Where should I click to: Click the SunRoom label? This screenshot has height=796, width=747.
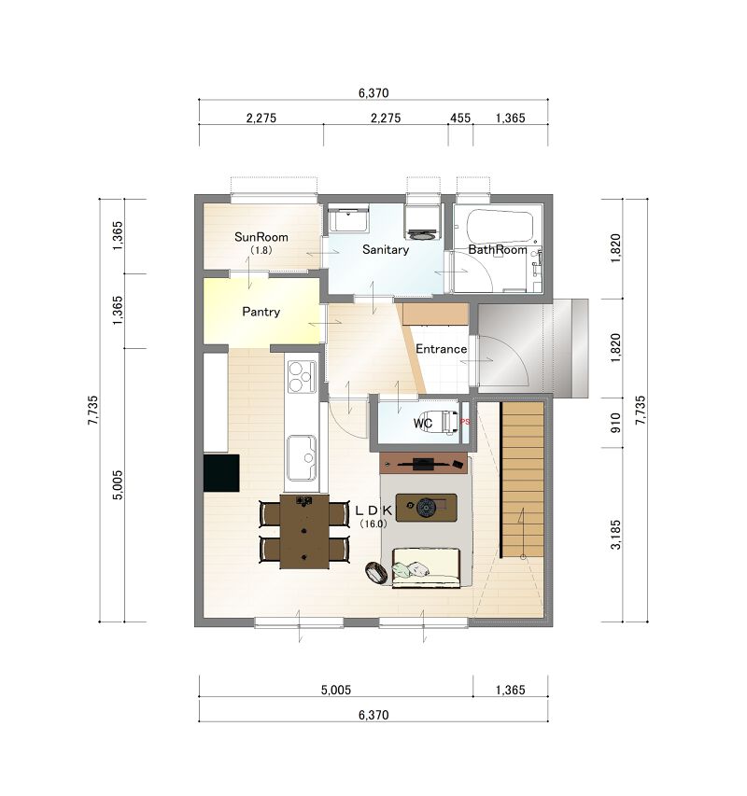tap(261, 237)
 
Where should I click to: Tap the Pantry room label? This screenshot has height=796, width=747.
tap(261, 312)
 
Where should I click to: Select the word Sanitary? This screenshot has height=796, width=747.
tap(386, 249)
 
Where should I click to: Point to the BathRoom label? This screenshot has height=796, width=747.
tap(497, 250)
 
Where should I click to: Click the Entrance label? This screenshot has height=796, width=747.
tap(442, 349)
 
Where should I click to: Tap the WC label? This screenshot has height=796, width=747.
tap(422, 423)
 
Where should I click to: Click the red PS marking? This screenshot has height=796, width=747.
tap(465, 422)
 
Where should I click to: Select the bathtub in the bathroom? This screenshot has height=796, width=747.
tap(500, 227)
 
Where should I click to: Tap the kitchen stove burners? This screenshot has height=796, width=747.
tap(303, 376)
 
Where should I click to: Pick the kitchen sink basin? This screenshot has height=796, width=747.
tap(302, 458)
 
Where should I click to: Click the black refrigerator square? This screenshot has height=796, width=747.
tap(221, 472)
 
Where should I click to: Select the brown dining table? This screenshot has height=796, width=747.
tap(304, 532)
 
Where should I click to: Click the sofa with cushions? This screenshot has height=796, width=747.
tap(426, 567)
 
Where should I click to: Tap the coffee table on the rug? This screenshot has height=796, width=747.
tap(426, 507)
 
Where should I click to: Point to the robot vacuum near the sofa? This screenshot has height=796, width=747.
tap(377, 573)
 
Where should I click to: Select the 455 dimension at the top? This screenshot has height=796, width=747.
tap(460, 118)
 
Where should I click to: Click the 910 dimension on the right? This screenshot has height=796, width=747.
tap(615, 423)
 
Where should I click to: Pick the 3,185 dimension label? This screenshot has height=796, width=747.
tap(615, 534)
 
